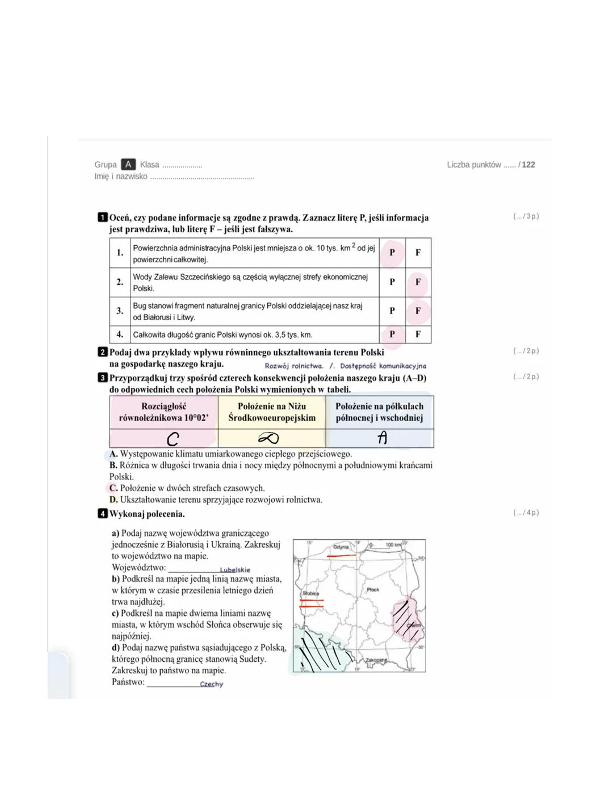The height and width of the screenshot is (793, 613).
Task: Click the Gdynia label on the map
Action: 341,547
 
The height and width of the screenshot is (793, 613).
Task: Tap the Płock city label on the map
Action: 373,590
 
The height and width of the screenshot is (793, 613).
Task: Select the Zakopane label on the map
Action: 376,660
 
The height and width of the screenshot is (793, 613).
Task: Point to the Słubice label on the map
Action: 310,593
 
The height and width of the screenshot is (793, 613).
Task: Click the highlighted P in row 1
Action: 392,253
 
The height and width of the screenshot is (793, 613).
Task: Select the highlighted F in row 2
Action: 418,282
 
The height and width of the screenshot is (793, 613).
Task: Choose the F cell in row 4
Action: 418,334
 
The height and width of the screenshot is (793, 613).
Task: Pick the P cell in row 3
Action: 392,311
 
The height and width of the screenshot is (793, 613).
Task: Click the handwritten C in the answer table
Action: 173,439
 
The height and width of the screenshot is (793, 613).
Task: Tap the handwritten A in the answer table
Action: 382,438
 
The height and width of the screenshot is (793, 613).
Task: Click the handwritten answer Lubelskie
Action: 234,570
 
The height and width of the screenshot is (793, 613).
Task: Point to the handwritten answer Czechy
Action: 211,685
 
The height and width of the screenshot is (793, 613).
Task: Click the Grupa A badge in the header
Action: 128,165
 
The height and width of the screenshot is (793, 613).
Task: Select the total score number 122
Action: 528,165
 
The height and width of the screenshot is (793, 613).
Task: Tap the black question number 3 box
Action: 103,377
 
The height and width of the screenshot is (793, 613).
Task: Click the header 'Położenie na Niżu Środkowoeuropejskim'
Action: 271,412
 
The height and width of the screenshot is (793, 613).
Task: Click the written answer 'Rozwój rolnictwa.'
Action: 293,366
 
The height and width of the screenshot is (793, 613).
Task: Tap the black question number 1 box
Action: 103,217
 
